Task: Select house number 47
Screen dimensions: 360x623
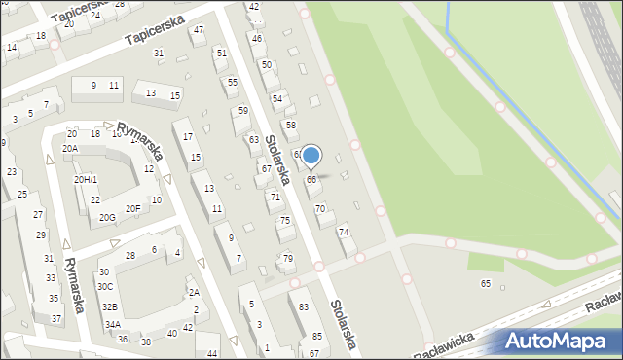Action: [x=199, y=30]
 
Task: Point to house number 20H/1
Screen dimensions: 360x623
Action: [x=86, y=180]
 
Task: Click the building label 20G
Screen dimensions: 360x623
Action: [x=107, y=218]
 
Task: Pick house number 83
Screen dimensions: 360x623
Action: [x=304, y=307]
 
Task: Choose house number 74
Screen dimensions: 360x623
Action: [x=343, y=233]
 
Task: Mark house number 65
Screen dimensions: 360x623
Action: [x=486, y=283]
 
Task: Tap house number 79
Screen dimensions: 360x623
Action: [x=287, y=258]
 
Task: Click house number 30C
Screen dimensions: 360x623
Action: [x=105, y=287]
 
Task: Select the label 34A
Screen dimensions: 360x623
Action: [x=113, y=325]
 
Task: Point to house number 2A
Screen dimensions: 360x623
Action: [x=194, y=293]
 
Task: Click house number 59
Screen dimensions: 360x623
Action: [x=242, y=111]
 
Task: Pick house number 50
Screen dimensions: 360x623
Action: [x=266, y=64]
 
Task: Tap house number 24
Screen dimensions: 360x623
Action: [x=94, y=16]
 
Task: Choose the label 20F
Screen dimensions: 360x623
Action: [x=133, y=208]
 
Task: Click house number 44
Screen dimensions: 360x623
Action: [x=212, y=352]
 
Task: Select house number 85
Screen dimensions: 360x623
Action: [x=316, y=337]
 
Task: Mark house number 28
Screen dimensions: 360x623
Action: [x=130, y=255]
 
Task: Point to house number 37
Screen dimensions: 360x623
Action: [x=56, y=319]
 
